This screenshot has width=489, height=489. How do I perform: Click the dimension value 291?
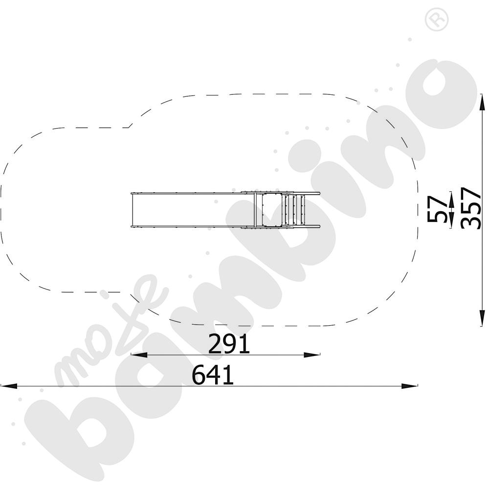point(229,344)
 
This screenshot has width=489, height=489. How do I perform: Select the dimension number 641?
point(213,375)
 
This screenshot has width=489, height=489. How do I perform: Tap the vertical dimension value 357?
point(471,208)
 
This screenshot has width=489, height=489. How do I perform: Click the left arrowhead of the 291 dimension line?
point(139,355)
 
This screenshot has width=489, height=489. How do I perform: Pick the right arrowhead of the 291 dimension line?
point(312,355)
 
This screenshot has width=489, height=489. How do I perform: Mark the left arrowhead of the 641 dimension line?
point(9,386)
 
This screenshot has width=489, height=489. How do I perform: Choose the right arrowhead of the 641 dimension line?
point(409,386)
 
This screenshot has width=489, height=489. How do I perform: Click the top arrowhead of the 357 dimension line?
point(482,102)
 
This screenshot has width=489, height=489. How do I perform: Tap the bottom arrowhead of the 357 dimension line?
point(482,318)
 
